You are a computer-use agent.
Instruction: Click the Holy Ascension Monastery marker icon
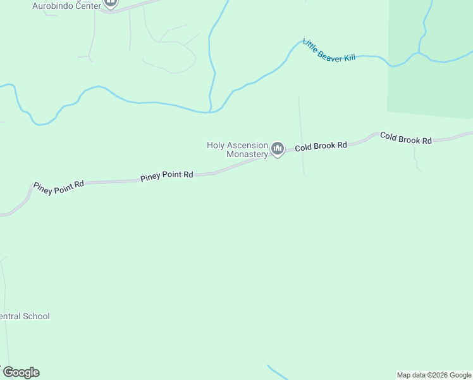tap(277, 149)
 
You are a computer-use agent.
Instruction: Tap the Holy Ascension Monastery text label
tap(238, 150)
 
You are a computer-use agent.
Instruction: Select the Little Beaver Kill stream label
tap(329, 51)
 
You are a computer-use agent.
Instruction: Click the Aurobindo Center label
tap(66, 5)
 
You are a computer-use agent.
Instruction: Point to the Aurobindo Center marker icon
tap(111, 3)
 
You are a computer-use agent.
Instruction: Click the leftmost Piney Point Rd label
tap(59, 185)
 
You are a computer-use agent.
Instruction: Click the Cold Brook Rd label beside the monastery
tap(321, 146)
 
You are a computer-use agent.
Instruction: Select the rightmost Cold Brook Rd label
tap(406, 138)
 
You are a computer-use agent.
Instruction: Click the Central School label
tap(25, 316)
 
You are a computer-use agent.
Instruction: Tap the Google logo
tap(21, 372)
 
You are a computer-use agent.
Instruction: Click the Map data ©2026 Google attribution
tap(434, 375)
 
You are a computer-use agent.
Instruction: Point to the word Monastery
tap(247, 155)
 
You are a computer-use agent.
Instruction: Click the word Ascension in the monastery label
tap(249, 145)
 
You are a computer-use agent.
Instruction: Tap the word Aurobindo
tap(54, 5)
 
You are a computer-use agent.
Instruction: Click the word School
tap(36, 316)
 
